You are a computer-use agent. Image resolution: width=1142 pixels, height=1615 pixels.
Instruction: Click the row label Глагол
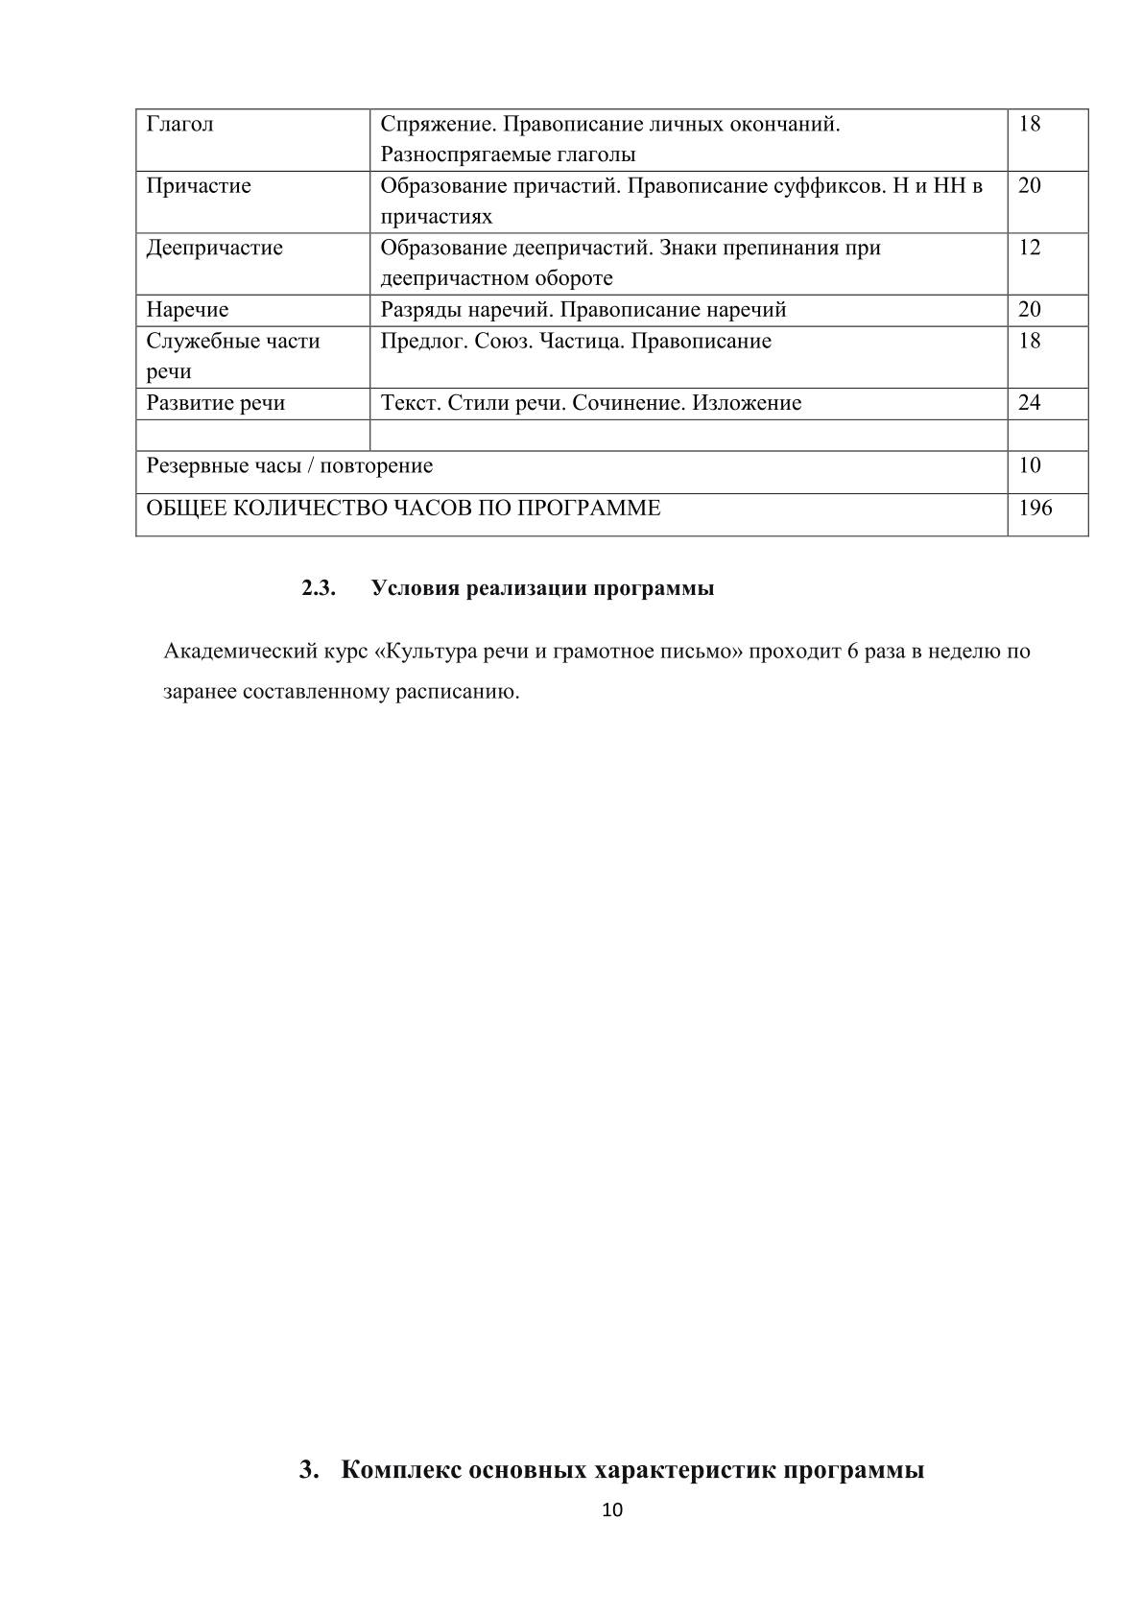[x=179, y=125]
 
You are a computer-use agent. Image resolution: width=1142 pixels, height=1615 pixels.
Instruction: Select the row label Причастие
[x=199, y=186]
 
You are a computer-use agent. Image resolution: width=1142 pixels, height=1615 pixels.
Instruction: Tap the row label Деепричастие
[x=214, y=249]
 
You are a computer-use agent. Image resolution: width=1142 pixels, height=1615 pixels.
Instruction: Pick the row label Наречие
[x=187, y=310]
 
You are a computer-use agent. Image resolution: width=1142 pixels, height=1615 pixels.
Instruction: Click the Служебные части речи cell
[x=232, y=356]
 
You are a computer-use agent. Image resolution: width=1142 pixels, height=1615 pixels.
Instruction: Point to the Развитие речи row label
[x=215, y=403]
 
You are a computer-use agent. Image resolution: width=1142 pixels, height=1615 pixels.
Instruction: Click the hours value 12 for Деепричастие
[x=1029, y=249]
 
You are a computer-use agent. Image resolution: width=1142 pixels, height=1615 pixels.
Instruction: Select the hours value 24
[x=1029, y=403]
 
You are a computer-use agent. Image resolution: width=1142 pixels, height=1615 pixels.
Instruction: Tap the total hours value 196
[x=1035, y=509]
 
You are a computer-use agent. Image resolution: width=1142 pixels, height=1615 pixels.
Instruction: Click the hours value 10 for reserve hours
[x=1029, y=466]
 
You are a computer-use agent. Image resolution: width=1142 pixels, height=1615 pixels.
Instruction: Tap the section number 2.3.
[x=318, y=589]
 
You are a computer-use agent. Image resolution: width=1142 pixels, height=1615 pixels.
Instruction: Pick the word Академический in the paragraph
[x=237, y=652]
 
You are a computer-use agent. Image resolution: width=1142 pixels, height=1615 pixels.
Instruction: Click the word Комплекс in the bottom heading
[x=399, y=1470]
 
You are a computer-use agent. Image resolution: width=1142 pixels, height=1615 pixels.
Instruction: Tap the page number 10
[x=611, y=1510]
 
